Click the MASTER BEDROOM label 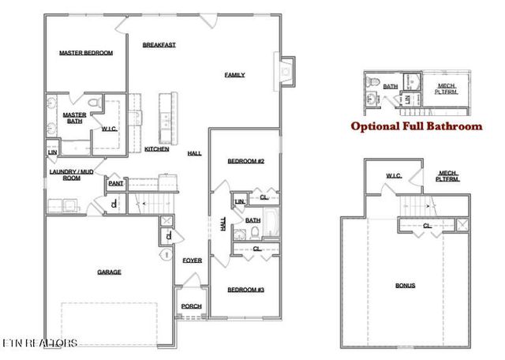86,54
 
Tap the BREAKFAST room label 159,45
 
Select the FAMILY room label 234,75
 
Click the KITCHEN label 156,148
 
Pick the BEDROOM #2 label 245,161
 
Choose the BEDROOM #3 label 245,290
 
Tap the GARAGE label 109,272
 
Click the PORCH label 191,306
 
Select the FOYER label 192,260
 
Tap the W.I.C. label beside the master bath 109,128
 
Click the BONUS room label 405,285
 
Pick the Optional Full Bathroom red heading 416,126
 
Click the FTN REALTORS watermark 39,343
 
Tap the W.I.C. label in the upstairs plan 395,175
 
